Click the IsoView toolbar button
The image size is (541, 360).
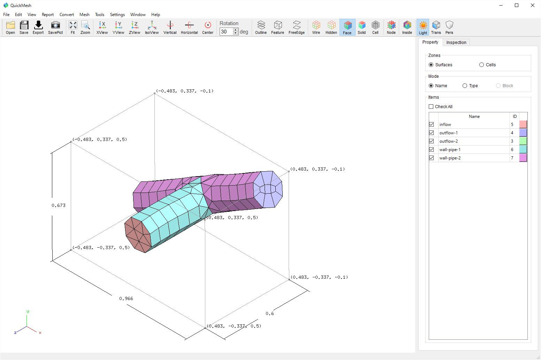pos(152,27)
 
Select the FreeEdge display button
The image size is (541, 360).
pos(296,27)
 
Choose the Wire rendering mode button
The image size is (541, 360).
pos(316,27)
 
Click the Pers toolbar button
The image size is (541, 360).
pos(449,27)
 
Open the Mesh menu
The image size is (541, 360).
pos(84,15)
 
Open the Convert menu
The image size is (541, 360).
pos(67,15)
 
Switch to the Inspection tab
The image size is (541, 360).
pos(456,42)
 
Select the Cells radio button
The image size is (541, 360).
pos(482,65)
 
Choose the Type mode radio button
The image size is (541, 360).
pos(465,86)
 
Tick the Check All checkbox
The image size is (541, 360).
pos(431,107)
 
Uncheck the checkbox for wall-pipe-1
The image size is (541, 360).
pos(431,150)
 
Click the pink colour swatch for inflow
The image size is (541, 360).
pos(523,124)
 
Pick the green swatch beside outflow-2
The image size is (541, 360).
pos(523,141)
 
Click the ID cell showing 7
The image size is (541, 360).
pos(512,158)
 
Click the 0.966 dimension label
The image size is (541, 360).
pos(126,299)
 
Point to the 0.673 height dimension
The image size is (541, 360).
pos(59,205)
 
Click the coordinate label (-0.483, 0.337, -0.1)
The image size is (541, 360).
pos(185,91)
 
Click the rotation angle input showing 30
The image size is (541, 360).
pos(226,32)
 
